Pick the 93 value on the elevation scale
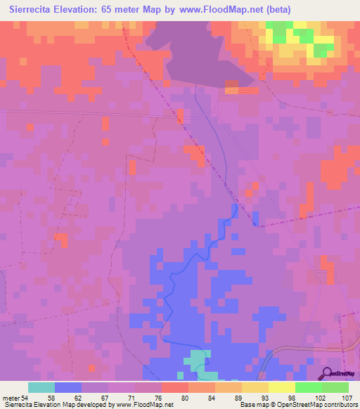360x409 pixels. [254, 398]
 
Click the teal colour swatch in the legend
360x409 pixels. [41, 388]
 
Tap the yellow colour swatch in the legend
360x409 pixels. [281, 388]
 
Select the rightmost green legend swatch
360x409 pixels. [335, 388]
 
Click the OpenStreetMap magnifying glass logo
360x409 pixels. [328, 374]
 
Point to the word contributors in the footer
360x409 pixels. [340, 405]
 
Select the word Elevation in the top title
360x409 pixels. [82, 9]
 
